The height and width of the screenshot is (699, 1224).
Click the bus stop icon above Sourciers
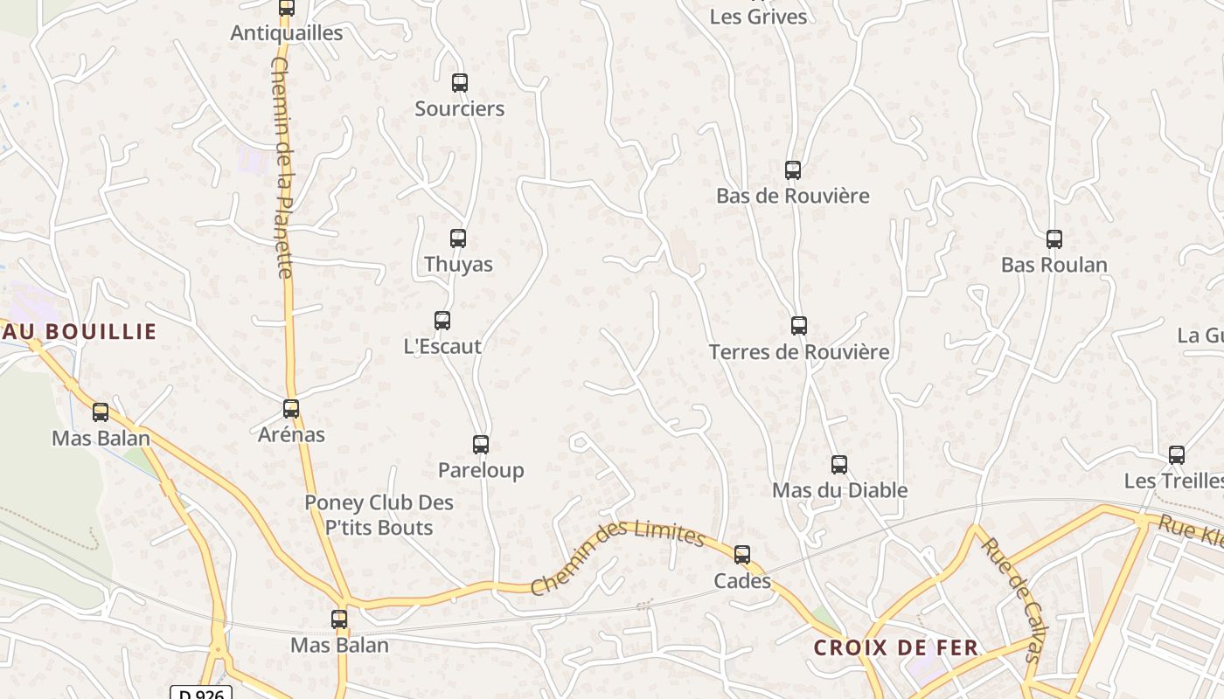pos(460,83)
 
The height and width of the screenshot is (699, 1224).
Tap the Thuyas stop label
pos(458,264)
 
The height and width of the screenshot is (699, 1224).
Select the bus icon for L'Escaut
pos(442,321)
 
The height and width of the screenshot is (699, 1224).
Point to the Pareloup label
pos(481,470)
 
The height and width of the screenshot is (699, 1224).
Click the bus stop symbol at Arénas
pos(291,408)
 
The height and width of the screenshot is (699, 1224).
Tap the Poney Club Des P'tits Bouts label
pos(379,516)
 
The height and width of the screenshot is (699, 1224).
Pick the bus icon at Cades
pos(742,554)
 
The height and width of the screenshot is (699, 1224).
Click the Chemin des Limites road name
pos(616,557)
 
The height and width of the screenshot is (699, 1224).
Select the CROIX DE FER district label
pos(896,648)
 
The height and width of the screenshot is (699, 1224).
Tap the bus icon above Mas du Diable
pos(839,464)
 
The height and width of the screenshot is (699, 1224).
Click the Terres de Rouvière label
pos(799,352)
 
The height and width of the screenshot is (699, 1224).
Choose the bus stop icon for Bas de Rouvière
pos(793,170)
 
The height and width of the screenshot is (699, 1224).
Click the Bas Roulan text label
pos(1054,265)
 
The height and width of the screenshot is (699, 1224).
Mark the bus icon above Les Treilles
pos(1177,454)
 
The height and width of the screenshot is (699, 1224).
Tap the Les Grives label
pos(758,17)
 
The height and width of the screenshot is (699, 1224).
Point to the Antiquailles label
pos(287,33)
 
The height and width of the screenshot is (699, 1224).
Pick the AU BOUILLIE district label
pos(79,332)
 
